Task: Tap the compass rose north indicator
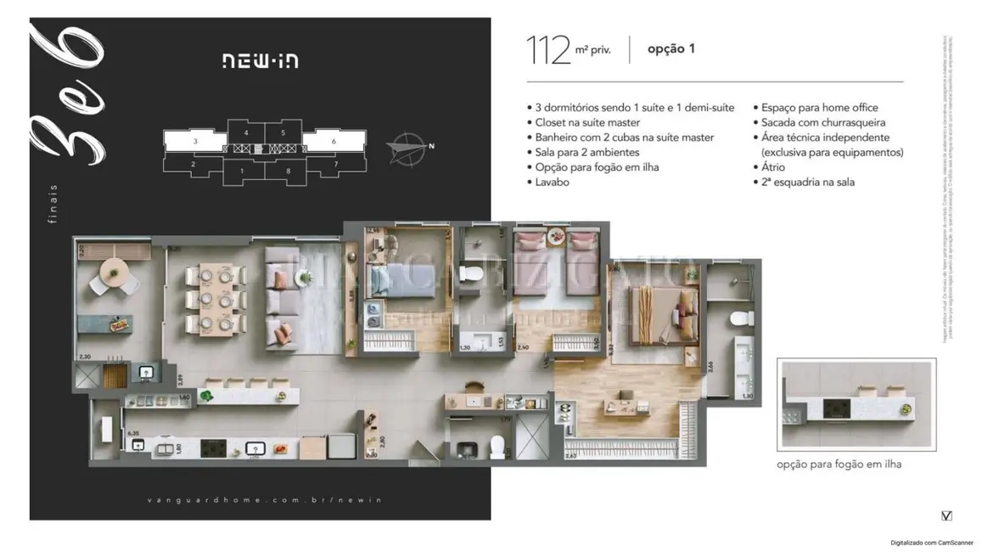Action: [x=408, y=149]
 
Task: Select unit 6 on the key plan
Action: [x=334, y=142]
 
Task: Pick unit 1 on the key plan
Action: [x=243, y=172]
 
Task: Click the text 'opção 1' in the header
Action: [x=671, y=49]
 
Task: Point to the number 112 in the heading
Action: [x=547, y=50]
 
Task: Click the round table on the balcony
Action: [x=113, y=272]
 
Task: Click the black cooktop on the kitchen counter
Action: [x=212, y=448]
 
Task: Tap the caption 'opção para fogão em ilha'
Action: [x=839, y=465]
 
